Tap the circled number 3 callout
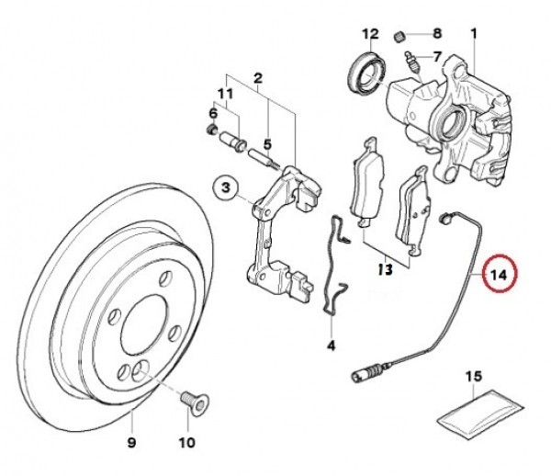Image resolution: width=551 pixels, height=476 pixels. pos(225,187)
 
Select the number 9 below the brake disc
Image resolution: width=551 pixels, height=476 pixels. pos(131,442)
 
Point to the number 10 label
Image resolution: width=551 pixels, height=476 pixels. pos(187,442)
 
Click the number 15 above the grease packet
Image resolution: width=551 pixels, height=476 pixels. pos(474,377)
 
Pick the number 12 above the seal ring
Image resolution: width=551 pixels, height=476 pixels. pos(370,34)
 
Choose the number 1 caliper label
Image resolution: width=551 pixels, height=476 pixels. pos(474,34)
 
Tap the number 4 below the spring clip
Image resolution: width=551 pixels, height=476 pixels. pos(331,346)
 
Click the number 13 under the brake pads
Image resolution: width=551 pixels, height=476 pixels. pos(385,269)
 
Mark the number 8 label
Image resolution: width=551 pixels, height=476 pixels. pos(436,34)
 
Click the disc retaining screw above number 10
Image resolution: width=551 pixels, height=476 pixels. pos(194,402)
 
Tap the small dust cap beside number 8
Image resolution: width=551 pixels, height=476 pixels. pos(399,36)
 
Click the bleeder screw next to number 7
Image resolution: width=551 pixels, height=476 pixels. pos(412,64)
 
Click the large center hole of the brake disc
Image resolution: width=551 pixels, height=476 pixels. pos(143,324)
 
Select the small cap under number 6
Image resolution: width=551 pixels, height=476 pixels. pos(211,130)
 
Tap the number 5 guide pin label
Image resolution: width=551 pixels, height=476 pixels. pos(268,144)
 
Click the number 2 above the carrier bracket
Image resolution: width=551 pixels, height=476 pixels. pos(258,78)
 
